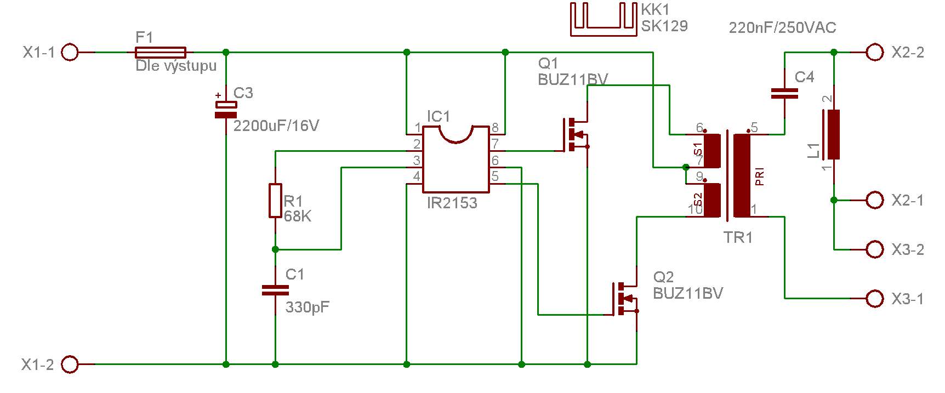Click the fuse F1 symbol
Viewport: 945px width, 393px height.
[x=160, y=53]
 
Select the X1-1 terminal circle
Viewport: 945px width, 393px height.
[x=70, y=53]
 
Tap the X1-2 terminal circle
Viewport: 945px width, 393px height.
[x=70, y=364]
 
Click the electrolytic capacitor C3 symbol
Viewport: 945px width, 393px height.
[x=226, y=110]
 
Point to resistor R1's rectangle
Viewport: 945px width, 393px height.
[x=275, y=200]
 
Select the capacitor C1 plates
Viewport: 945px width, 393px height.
[x=275, y=291]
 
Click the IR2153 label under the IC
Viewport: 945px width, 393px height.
[x=452, y=203]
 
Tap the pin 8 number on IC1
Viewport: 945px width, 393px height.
[x=494, y=128]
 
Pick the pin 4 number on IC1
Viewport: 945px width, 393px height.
[x=417, y=176]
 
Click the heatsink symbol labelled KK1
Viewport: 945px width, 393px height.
[x=604, y=20]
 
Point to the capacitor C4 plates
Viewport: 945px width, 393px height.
[x=784, y=94]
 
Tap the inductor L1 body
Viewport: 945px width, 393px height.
[x=833, y=134]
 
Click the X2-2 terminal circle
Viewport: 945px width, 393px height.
[x=875, y=53]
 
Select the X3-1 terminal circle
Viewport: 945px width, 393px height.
[x=875, y=299]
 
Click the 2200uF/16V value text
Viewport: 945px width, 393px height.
[x=276, y=126]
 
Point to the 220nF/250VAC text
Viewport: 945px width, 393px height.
[x=782, y=27]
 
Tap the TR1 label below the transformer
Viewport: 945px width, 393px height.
[x=738, y=237]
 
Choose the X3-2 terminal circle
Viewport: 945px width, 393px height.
[x=875, y=249]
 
